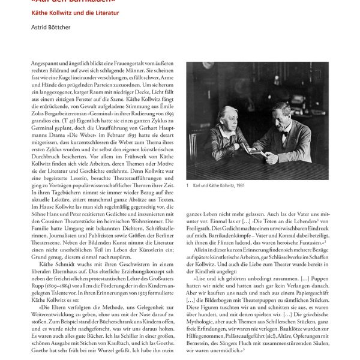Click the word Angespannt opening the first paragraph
click(44, 62)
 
